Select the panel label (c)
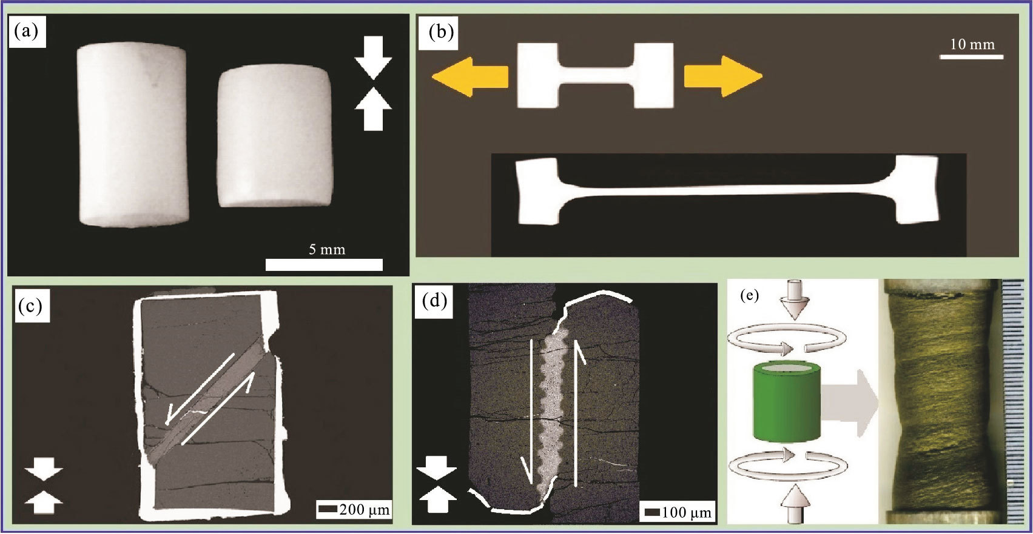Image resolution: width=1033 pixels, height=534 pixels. [x=30, y=306]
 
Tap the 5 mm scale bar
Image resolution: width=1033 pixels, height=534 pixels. [x=324, y=265]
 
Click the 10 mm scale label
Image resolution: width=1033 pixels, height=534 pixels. [x=972, y=44]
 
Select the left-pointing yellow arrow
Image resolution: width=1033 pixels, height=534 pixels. [x=469, y=76]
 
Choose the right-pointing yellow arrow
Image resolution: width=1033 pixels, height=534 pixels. [x=722, y=76]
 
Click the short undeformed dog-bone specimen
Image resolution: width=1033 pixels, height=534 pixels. [x=595, y=75]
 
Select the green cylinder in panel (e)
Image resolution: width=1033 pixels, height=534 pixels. [x=786, y=402]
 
